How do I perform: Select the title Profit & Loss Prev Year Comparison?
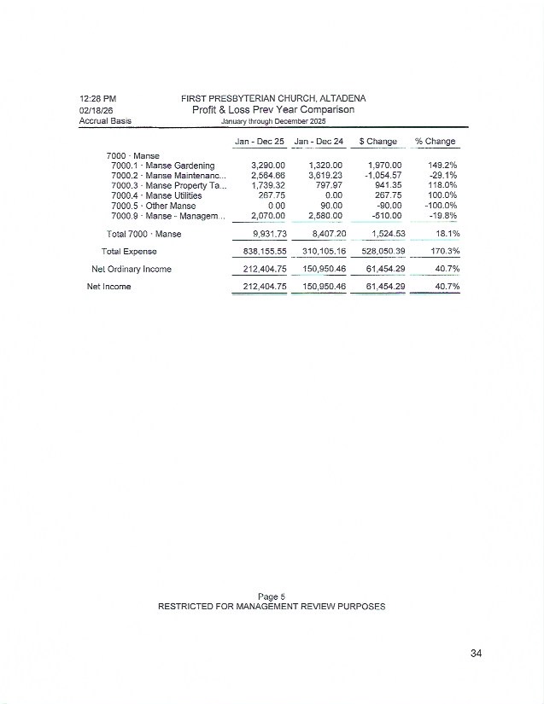click(x=272, y=109)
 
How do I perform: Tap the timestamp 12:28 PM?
click(x=97, y=99)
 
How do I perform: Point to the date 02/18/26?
click(x=97, y=110)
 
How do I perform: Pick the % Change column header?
click(x=436, y=141)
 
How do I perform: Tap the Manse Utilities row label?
click(x=156, y=195)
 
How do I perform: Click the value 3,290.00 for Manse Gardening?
click(x=267, y=166)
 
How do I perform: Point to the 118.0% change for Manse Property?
click(x=443, y=185)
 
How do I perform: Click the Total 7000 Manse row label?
click(x=144, y=234)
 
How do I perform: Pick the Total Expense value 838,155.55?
click(x=259, y=252)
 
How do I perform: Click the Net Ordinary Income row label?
click(x=132, y=270)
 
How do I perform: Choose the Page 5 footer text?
click(x=272, y=596)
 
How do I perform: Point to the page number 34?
click(x=477, y=654)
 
